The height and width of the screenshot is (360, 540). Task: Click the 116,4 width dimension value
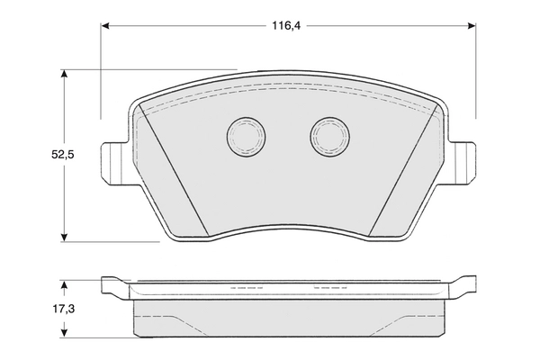point(286,27)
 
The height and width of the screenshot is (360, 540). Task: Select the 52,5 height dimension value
point(62,155)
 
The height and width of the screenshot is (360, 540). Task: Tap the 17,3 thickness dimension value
point(62,309)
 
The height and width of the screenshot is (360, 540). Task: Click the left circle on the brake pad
point(244,136)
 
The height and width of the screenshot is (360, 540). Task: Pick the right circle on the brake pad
point(329,136)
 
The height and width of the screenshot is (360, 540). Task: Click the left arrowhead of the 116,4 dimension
point(106,27)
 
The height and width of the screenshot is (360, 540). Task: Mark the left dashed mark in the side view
point(246,288)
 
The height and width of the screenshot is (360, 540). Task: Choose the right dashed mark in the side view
point(328,288)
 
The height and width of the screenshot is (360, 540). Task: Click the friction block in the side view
point(287,317)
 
